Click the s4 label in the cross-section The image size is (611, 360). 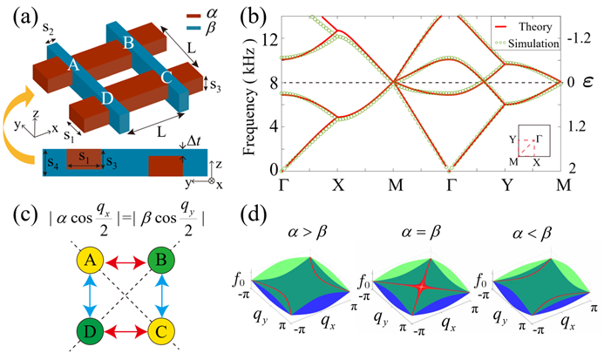pos(54,163)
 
